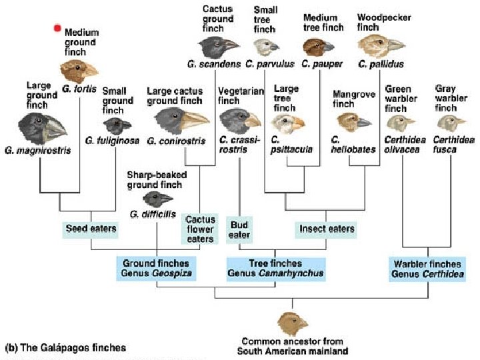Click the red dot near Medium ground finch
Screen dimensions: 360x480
point(58,28)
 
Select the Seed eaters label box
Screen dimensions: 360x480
point(91,229)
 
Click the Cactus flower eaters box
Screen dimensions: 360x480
point(200,229)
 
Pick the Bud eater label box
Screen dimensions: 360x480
point(239,229)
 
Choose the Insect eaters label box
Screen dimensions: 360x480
point(326,229)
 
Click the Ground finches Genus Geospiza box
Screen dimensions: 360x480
point(156,268)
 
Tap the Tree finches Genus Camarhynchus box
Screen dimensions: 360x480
point(275,268)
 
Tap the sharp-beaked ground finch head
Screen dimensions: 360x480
point(157,198)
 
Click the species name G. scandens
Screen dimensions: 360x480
point(213,65)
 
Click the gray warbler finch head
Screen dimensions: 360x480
point(453,121)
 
